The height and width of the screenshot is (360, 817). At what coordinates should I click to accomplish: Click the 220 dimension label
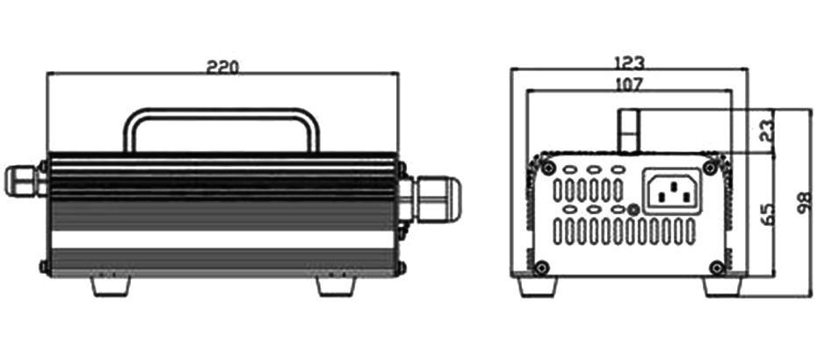[223, 68]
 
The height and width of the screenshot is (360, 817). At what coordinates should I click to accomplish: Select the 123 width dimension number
[629, 63]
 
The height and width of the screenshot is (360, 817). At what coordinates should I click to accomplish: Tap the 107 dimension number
[628, 84]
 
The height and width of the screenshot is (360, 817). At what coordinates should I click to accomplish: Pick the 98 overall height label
[805, 202]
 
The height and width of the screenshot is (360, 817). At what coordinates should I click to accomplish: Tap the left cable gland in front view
[24, 180]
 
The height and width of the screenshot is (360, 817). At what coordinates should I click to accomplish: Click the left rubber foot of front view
[111, 286]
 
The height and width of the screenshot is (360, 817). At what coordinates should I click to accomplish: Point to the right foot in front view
[336, 286]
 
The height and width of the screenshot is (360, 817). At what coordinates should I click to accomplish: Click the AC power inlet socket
[672, 191]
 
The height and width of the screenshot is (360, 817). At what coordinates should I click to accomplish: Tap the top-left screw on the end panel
[547, 169]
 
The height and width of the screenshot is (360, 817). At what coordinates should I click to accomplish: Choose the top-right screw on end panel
[709, 168]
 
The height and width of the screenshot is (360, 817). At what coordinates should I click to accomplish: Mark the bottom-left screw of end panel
[542, 268]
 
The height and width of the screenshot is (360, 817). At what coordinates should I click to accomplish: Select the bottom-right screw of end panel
[718, 268]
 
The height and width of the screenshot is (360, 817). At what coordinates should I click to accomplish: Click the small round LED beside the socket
[633, 210]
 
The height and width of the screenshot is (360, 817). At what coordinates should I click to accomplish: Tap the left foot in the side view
[539, 286]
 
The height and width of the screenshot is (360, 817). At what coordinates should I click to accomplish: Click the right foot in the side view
[722, 286]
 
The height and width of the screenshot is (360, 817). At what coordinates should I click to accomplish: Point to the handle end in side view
[629, 131]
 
